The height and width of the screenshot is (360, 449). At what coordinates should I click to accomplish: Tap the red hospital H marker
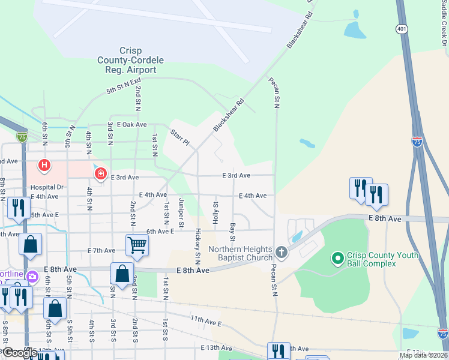(44, 164)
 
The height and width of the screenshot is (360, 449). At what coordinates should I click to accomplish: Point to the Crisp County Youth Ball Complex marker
(337, 259)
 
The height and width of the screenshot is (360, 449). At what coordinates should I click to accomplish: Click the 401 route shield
(402, 28)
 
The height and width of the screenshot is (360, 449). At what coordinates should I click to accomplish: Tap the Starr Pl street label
(179, 138)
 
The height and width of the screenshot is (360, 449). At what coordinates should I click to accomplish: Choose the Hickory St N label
(197, 244)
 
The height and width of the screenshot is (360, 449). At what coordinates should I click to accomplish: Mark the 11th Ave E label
(206, 320)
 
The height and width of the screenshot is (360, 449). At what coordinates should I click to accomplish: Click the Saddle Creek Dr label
(445, 24)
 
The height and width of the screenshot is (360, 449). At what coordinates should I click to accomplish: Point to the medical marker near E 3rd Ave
(100, 174)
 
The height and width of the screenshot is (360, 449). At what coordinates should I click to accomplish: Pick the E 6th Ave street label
(160, 230)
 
